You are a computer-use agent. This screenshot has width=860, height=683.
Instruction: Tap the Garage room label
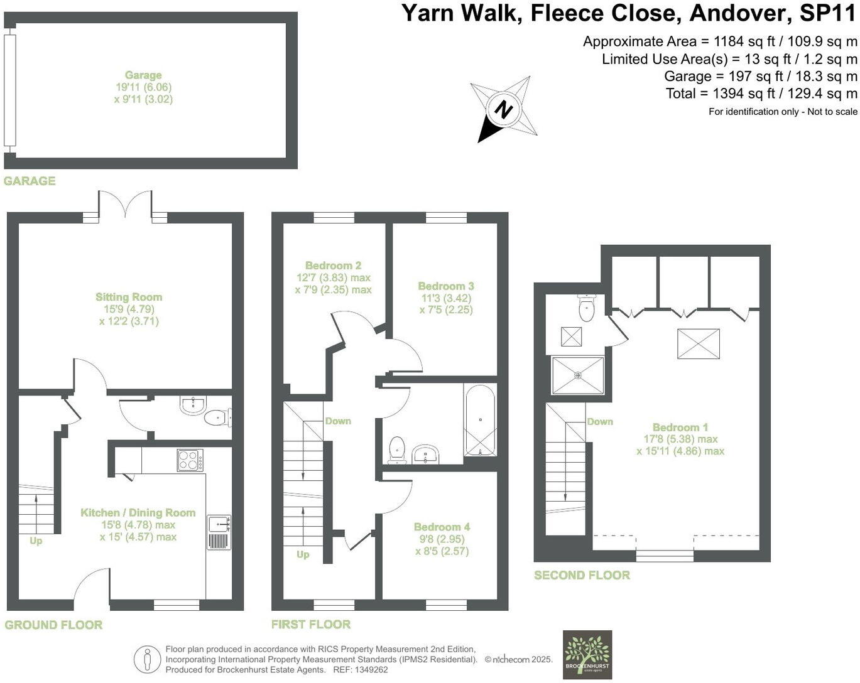pos(143,75)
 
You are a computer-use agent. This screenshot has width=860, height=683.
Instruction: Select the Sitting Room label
pos(129,297)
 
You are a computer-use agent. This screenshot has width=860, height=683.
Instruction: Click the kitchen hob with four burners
pos(190,460)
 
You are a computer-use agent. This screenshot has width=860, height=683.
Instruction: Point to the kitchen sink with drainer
pos(219,532)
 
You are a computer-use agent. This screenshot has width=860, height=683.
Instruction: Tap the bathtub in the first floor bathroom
pos(480,420)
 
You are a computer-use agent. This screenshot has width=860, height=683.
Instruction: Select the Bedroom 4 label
pos(442,527)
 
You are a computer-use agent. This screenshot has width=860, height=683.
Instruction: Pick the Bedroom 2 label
pos(333,266)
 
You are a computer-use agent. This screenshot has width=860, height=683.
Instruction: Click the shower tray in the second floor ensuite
pos(578,375)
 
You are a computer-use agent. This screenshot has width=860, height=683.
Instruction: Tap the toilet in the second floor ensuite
pos(586,308)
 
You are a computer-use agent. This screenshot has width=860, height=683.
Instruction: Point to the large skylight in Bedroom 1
pos(699,343)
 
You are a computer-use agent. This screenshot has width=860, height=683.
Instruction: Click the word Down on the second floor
pos(600,422)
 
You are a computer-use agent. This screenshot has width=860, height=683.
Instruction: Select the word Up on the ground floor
pos(36,540)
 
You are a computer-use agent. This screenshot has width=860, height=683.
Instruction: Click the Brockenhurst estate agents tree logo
pos(587,655)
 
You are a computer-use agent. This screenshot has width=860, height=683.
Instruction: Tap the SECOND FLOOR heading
pos(582,575)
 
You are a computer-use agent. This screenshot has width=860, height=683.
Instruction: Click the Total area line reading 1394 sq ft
pos(761,94)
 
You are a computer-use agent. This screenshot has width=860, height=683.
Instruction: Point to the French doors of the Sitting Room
pos(124,206)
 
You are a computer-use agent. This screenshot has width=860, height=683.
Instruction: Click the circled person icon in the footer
pos(148,660)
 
